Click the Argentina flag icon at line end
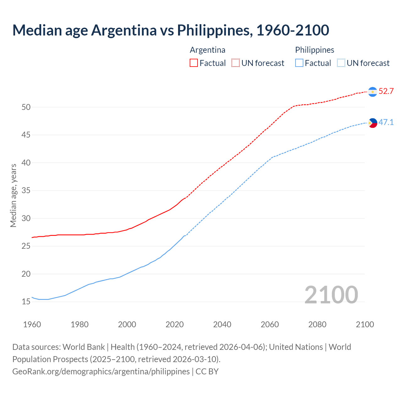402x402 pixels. pos(372,92)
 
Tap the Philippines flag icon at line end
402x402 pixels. pos(372,123)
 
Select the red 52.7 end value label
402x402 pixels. pos(386,91)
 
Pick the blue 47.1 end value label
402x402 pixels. pos(386,122)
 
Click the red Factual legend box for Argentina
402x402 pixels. pos(194,63)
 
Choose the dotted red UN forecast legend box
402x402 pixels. pos(236,63)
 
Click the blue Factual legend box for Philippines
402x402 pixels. pos(299,63)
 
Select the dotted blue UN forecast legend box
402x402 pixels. pos(341,63)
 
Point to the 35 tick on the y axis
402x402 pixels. pos(26,191)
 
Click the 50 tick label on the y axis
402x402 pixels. pos(26,107)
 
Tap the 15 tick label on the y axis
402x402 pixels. pos(26,302)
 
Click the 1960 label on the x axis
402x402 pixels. pos(32,324)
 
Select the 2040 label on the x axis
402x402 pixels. pos(222,324)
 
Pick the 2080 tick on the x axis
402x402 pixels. pos(317,324)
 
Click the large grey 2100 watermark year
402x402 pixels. pos(331,295)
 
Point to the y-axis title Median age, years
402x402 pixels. pos(13,195)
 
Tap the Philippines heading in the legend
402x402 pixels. pos(314,50)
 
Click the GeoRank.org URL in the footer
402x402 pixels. pos(101,372)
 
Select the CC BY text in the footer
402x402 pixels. pos(207,372)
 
